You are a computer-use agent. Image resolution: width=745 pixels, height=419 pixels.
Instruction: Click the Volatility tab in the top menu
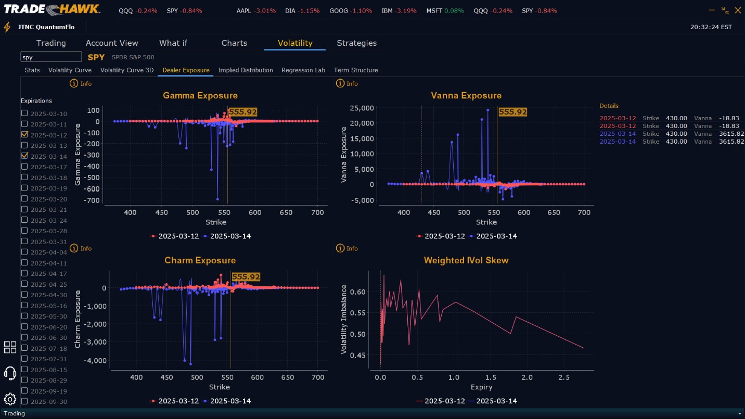click(x=294, y=43)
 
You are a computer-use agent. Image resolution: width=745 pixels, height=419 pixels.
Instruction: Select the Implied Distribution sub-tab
click(x=246, y=70)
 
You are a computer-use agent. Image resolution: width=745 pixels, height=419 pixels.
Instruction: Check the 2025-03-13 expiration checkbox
click(x=24, y=145)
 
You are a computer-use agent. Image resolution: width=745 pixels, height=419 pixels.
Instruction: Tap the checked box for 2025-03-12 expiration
click(x=24, y=134)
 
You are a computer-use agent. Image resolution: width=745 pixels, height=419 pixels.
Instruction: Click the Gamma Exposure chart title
click(x=200, y=96)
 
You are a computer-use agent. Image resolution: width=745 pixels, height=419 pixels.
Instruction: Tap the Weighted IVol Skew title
click(x=466, y=261)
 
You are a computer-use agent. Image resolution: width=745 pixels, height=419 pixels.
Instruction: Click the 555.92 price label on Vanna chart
click(x=512, y=112)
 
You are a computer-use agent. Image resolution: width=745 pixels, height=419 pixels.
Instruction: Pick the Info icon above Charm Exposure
click(x=74, y=249)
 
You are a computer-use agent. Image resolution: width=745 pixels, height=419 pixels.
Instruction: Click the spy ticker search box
click(x=51, y=57)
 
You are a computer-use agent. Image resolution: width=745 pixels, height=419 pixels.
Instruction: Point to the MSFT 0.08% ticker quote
click(x=445, y=11)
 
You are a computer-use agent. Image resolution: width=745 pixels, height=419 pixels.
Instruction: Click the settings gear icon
click(x=10, y=399)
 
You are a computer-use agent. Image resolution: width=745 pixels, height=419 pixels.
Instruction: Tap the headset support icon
click(x=10, y=373)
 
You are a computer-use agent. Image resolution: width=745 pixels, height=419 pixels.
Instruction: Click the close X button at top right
click(x=737, y=10)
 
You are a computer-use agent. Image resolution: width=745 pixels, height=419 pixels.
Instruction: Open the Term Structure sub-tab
click(x=356, y=70)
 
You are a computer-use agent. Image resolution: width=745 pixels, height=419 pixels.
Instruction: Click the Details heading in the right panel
click(x=609, y=106)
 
